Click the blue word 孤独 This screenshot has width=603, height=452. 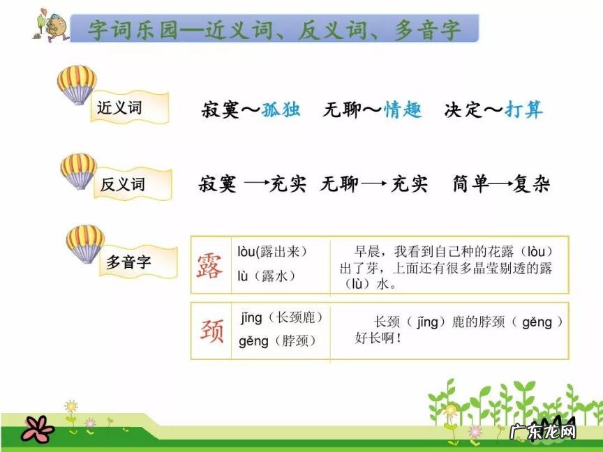pyautogui.click(x=281, y=110)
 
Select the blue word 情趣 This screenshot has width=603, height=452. pyautogui.click(x=403, y=110)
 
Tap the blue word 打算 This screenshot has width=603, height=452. pyautogui.click(x=523, y=110)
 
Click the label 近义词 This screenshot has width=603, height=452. pyautogui.click(x=119, y=108)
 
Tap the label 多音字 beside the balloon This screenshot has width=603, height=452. pyautogui.click(x=128, y=262)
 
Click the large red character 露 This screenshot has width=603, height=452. pyautogui.click(x=210, y=266)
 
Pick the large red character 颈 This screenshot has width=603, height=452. pyautogui.click(x=211, y=331)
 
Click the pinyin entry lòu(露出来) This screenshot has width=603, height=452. pyautogui.click(x=272, y=251)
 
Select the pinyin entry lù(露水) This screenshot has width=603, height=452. pyautogui.click(x=267, y=276)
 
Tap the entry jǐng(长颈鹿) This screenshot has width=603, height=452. pyautogui.click(x=282, y=318)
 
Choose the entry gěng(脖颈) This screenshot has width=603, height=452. pyautogui.click(x=277, y=341)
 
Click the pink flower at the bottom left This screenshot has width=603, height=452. pyautogui.click(x=37, y=428)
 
